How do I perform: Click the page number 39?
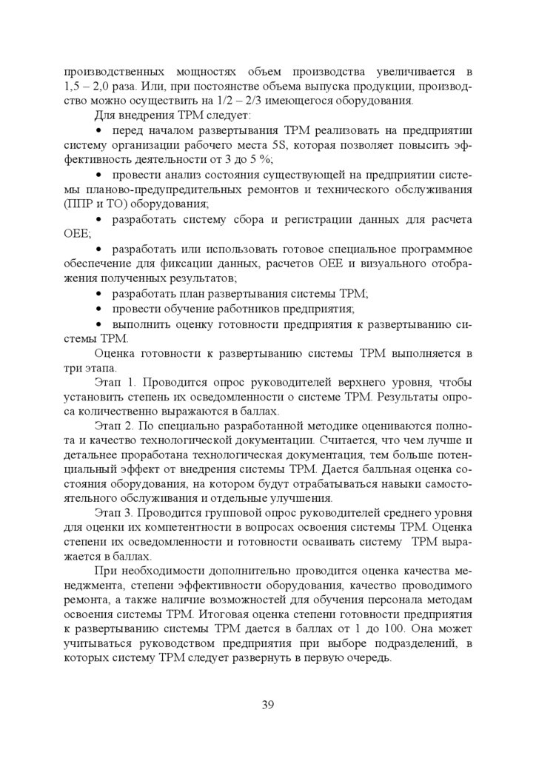[267, 704]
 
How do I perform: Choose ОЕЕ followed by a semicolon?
[77, 234]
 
